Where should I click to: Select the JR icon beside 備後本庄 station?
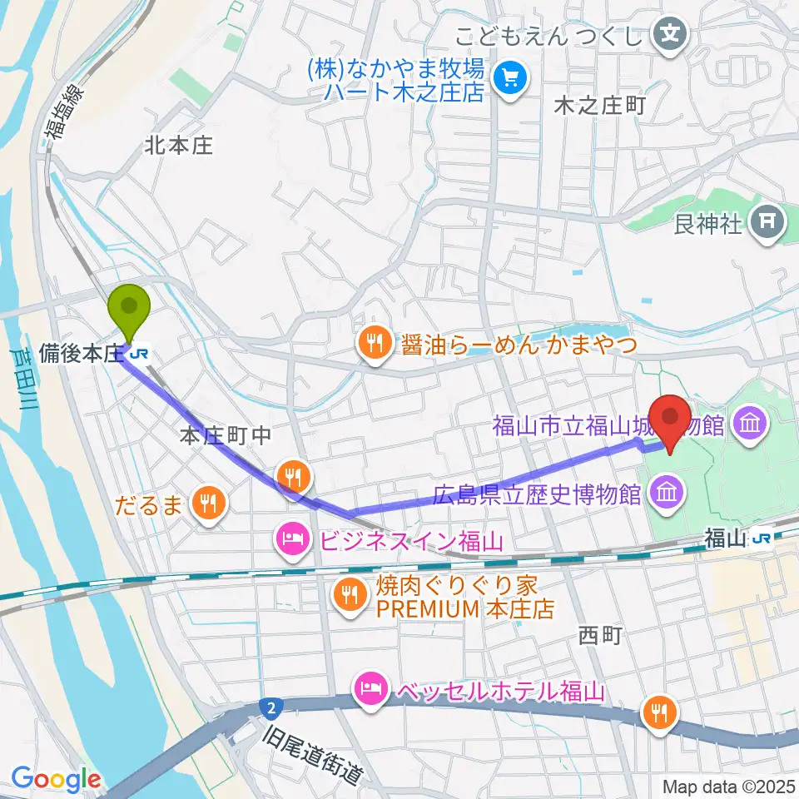click(x=141, y=353)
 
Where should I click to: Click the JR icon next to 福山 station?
click(x=760, y=539)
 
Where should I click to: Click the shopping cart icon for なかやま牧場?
click(x=507, y=79)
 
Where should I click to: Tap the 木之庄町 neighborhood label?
click(x=599, y=106)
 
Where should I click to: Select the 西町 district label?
click(x=600, y=635)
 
